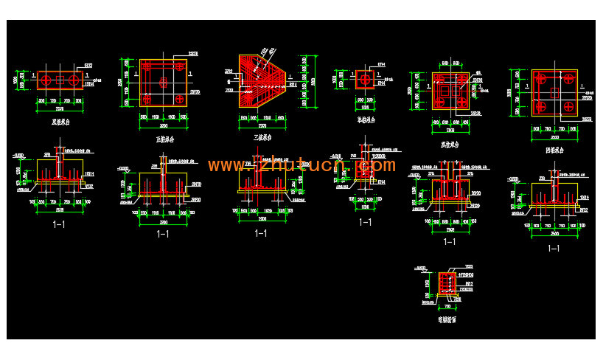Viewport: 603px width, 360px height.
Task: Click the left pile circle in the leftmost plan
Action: point(46,80)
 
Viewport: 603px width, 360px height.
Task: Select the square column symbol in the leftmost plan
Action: point(61,80)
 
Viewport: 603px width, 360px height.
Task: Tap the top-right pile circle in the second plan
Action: point(179,66)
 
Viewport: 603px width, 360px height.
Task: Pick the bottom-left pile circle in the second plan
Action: point(147,98)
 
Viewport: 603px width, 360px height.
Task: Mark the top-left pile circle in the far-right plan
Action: point(540,78)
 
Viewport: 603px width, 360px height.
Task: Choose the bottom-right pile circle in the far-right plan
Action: point(568,108)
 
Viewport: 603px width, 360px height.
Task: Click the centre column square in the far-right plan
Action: point(554,93)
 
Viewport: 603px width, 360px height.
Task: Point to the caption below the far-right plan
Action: point(554,150)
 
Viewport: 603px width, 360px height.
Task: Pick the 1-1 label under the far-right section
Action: point(553,248)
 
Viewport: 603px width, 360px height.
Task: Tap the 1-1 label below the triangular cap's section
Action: point(260,233)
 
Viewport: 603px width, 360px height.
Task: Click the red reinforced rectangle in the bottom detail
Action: point(446,283)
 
